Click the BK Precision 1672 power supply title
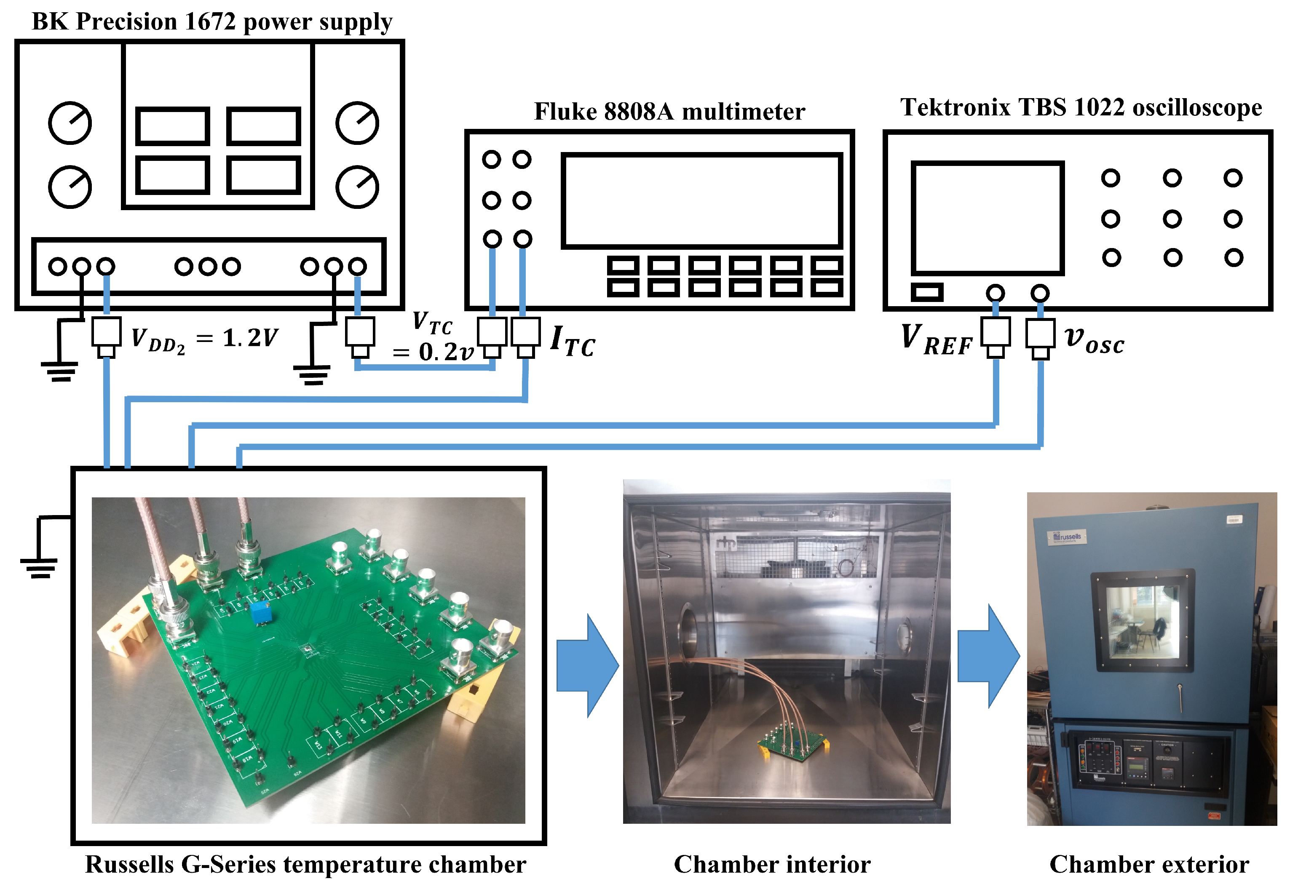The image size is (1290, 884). [x=211, y=22]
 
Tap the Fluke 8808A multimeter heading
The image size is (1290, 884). [x=669, y=112]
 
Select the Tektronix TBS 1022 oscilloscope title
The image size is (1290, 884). [x=1080, y=108]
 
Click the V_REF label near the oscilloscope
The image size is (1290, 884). [x=937, y=339]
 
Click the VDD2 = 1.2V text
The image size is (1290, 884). [x=204, y=339]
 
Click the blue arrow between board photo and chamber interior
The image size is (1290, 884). [x=587, y=665]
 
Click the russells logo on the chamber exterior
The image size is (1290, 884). [x=1066, y=537]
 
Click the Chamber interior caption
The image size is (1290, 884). [x=771, y=864]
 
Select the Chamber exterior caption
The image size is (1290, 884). [x=1148, y=864]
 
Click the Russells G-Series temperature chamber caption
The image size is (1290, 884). [x=305, y=864]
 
